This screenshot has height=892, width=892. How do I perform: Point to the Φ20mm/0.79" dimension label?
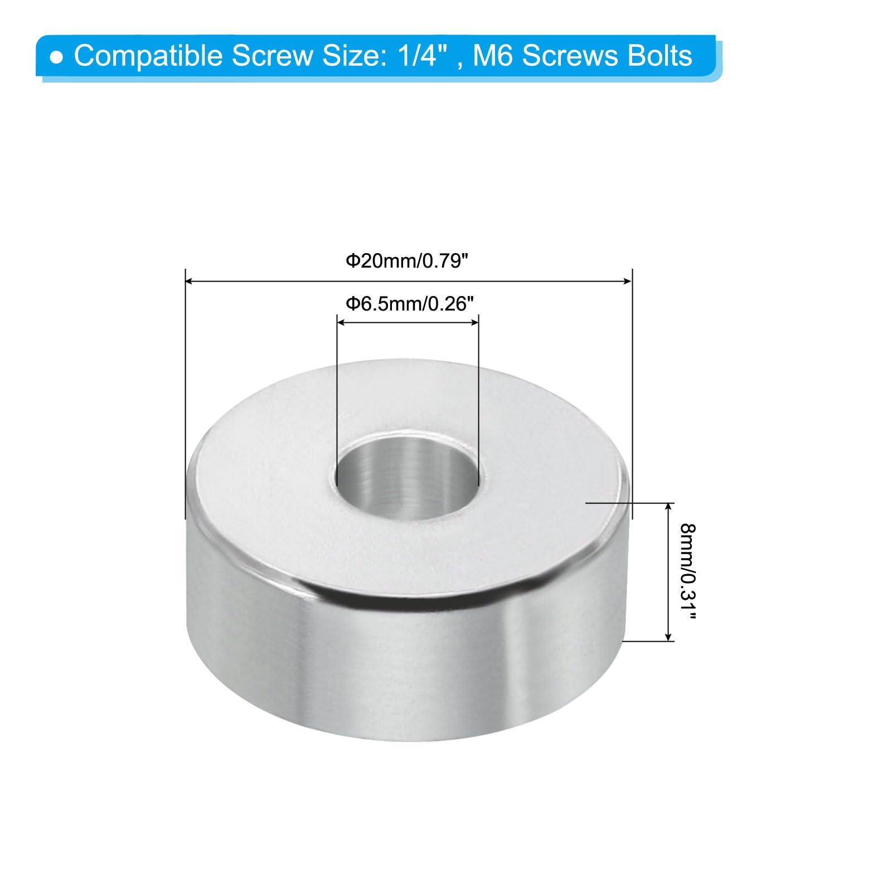[407, 260]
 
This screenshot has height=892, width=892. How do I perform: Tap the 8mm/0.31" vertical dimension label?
[688, 572]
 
